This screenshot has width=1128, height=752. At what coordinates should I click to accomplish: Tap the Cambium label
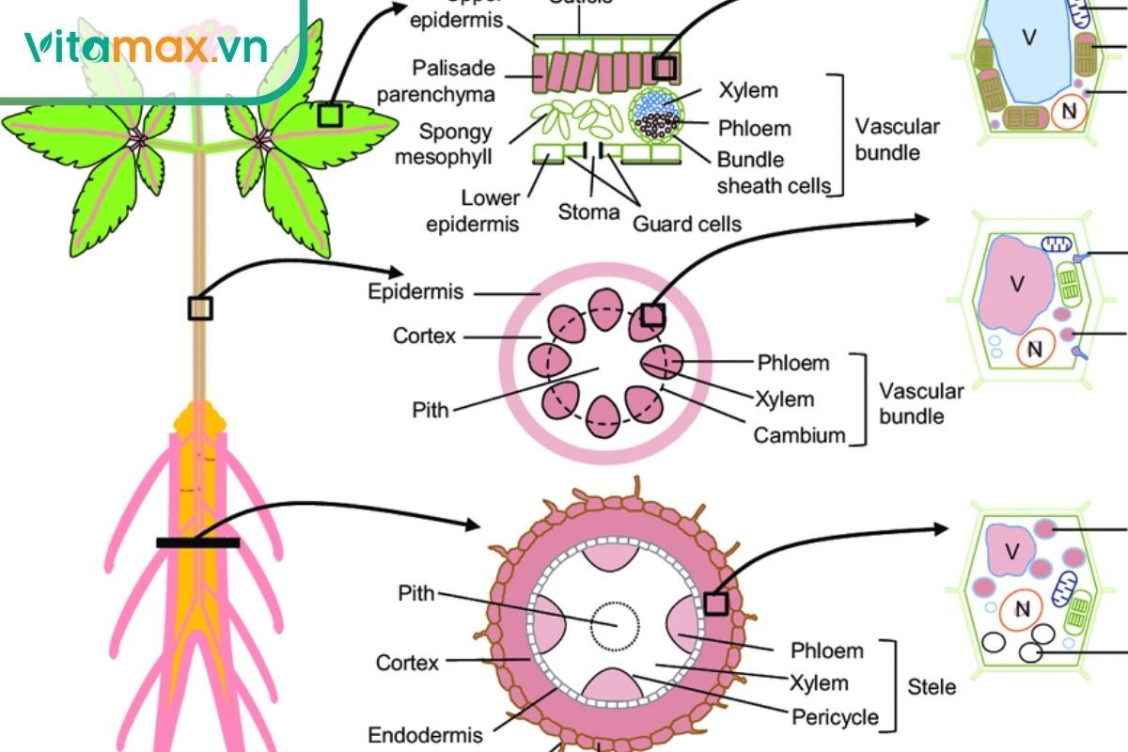(800, 435)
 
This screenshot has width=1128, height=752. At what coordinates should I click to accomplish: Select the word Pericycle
(835, 717)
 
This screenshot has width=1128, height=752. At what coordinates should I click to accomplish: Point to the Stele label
(932, 687)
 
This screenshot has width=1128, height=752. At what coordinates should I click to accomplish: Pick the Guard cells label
(687, 224)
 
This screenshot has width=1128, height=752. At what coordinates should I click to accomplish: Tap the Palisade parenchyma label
(454, 82)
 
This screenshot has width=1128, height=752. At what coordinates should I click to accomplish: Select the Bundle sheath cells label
(774, 173)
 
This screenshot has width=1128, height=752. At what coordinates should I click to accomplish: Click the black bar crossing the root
(197, 542)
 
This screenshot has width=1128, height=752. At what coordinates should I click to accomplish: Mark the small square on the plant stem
(200, 307)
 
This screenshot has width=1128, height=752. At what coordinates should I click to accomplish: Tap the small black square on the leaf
(329, 115)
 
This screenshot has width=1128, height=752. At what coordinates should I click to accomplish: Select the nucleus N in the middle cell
(1035, 350)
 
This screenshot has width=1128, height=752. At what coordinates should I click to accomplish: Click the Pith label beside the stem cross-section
(431, 410)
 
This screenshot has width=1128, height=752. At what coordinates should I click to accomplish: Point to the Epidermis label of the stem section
(415, 292)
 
